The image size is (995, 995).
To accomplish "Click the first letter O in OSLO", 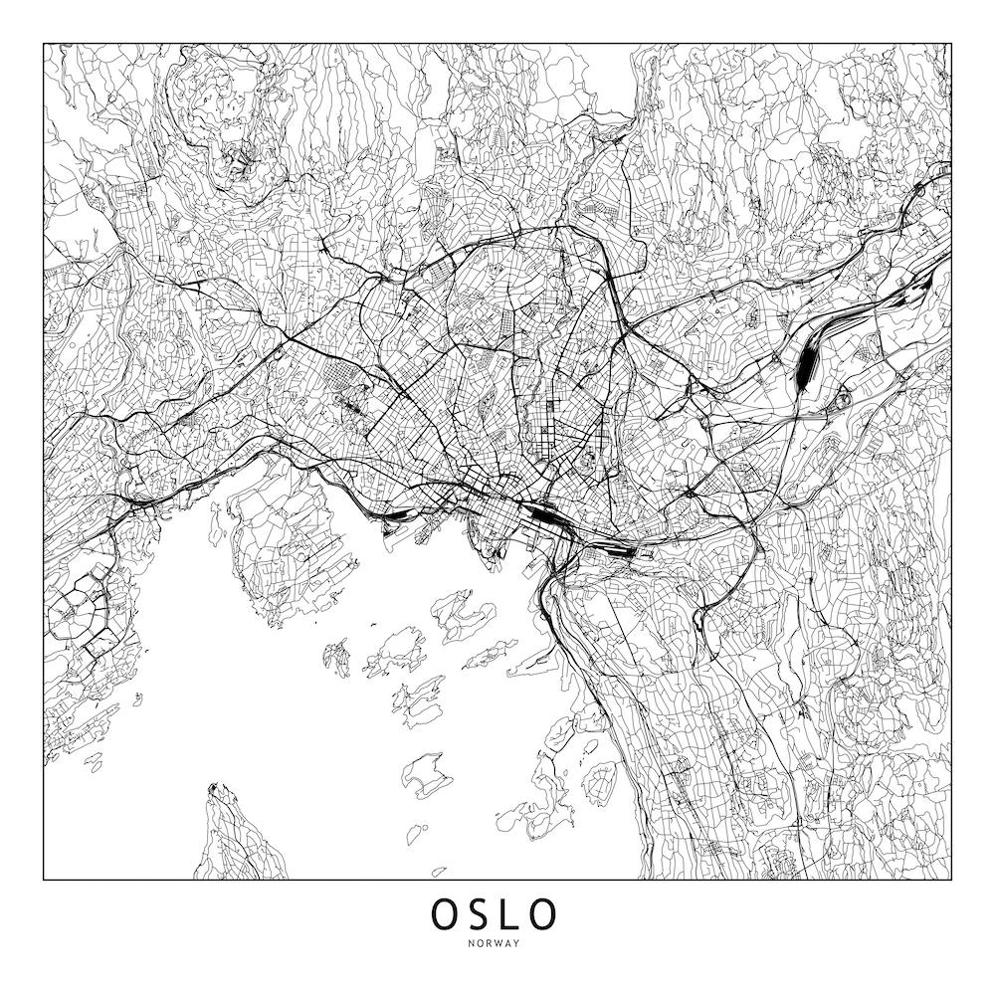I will pyautogui.click(x=445, y=912).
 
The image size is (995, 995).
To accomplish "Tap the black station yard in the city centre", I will pyautogui.click(x=543, y=515).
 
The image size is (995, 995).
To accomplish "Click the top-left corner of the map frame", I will pyautogui.click(x=44, y=44).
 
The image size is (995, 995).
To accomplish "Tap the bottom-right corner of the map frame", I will pyautogui.click(x=950, y=880).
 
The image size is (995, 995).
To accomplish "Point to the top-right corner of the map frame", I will pyautogui.click(x=950, y=44).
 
